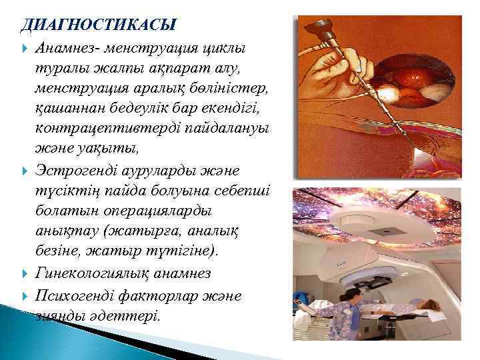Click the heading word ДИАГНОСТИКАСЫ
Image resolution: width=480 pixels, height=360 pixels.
click(x=99, y=25)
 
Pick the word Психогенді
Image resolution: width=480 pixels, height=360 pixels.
click(x=84, y=294)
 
